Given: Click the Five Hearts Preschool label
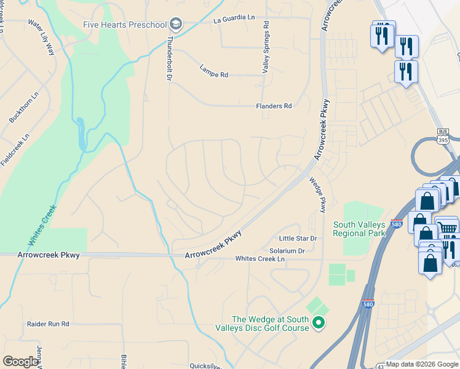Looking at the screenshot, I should coord(125,25).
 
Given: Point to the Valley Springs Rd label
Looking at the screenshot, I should coord(266,48).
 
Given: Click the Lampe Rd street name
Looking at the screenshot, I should coord(213,71).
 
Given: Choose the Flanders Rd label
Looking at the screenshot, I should coord(274,106).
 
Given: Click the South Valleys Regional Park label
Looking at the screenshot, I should coord(359,228).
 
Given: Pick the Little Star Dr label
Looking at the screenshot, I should coord(297,239).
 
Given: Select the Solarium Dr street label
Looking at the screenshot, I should coord(287,251).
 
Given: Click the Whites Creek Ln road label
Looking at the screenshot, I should coord(260,260).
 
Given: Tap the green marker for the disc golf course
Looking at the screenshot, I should coord(318,322).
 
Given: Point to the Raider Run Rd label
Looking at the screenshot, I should coord(48,323).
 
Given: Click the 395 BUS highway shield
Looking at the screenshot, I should coord(443,136).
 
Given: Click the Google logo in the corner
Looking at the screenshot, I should coord(20,362).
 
